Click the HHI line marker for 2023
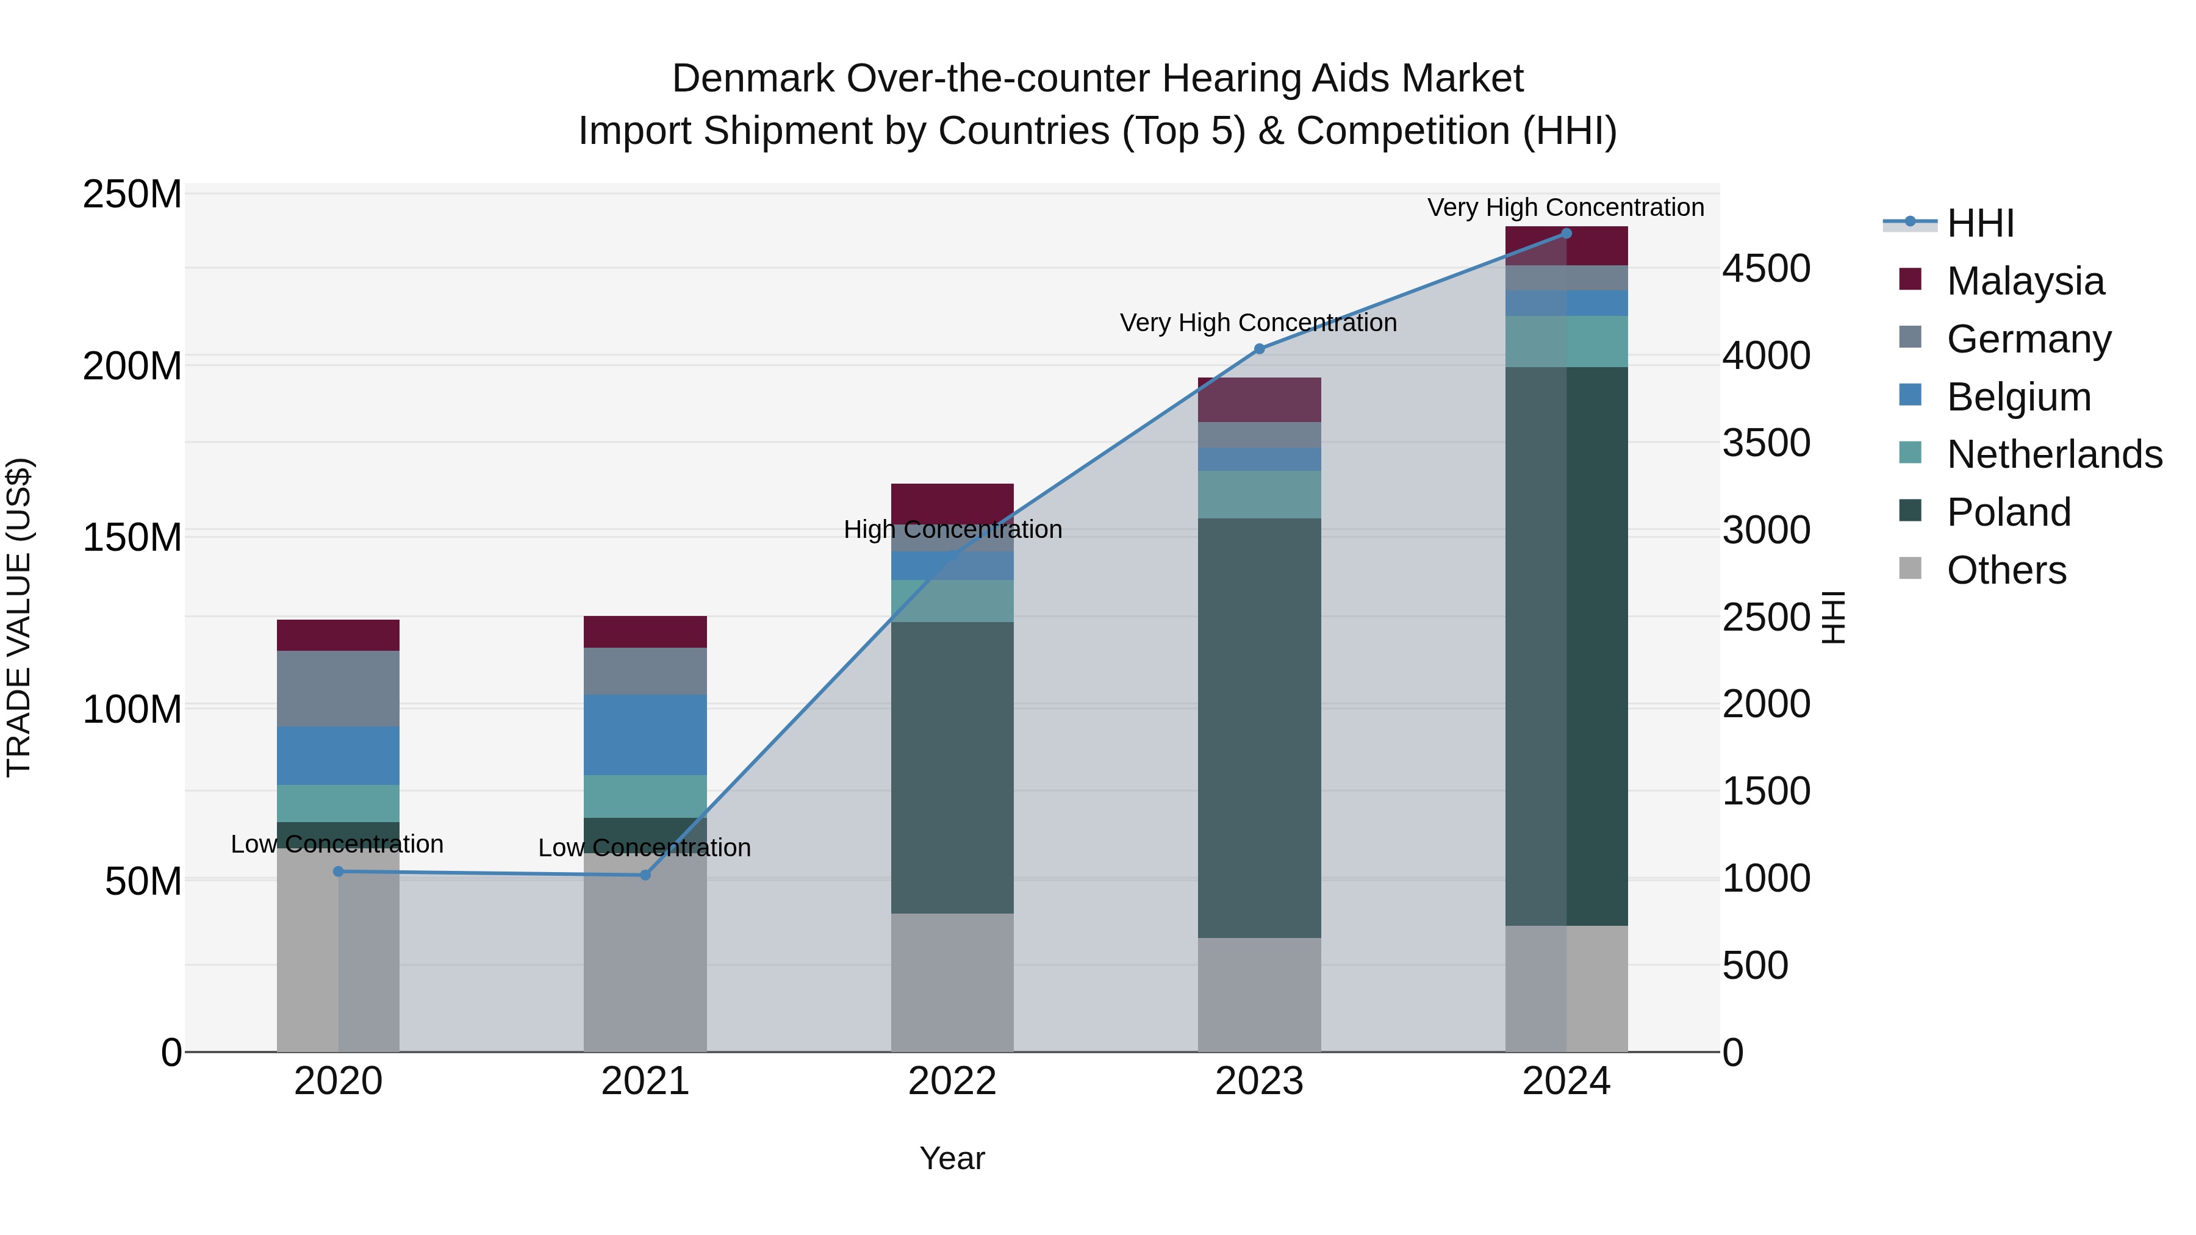(x=1259, y=349)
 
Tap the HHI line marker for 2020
(x=339, y=871)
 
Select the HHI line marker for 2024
(x=1566, y=234)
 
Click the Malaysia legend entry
(x=2025, y=281)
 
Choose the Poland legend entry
(x=2009, y=512)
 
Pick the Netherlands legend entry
(x=2054, y=454)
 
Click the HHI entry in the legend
(x=1980, y=223)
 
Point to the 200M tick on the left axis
(x=132, y=367)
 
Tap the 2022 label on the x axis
(x=952, y=1081)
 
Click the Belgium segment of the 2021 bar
(x=645, y=735)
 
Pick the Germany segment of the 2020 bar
(x=339, y=688)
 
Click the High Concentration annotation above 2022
(x=952, y=529)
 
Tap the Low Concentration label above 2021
(x=645, y=848)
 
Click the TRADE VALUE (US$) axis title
(x=20, y=617)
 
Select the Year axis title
(x=952, y=1158)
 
